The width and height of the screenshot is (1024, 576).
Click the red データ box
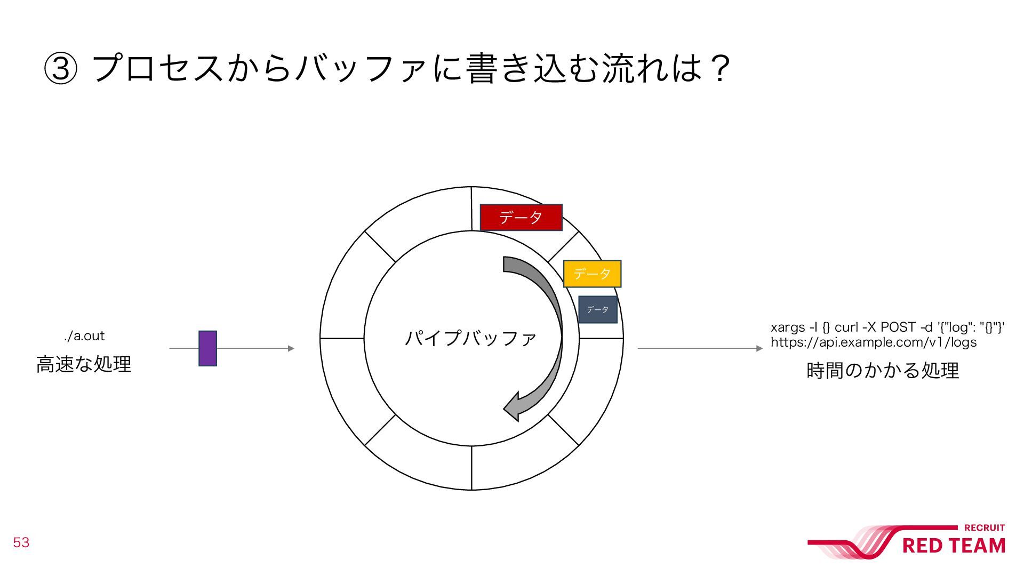click(x=521, y=217)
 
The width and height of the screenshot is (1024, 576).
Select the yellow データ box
click(x=592, y=274)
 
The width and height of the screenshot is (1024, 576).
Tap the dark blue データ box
click(x=597, y=310)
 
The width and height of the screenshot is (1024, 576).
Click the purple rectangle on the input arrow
click(x=207, y=348)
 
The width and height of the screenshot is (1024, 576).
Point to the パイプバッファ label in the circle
click(x=470, y=338)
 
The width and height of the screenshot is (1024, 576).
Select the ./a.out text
click(x=84, y=336)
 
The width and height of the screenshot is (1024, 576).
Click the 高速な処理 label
click(x=84, y=364)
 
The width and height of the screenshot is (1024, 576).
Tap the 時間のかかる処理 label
click(x=883, y=370)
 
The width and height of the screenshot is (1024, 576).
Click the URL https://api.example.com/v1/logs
click(x=874, y=342)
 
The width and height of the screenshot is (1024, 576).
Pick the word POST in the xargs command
click(x=896, y=327)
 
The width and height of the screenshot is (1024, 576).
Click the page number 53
click(x=21, y=542)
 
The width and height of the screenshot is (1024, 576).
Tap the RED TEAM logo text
click(x=954, y=546)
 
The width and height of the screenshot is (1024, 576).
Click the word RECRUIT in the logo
click(x=985, y=528)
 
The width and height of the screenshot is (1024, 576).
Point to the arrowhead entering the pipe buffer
click(x=291, y=348)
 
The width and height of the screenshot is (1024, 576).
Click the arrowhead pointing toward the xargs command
click(x=759, y=348)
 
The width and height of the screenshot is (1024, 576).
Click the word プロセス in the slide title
click(x=158, y=69)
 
